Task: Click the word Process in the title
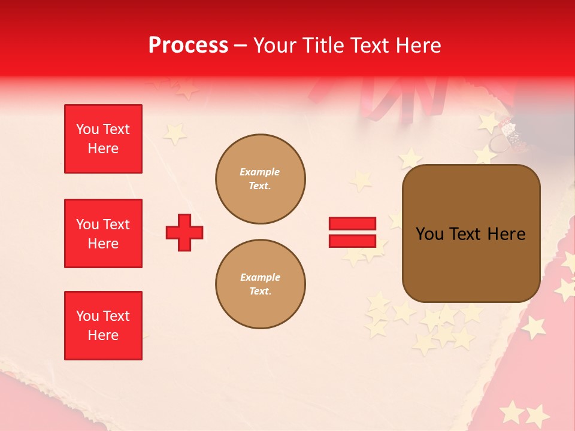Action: (x=188, y=45)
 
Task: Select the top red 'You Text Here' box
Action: (x=103, y=139)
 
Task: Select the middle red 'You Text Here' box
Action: (x=103, y=233)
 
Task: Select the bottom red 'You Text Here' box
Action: (x=103, y=326)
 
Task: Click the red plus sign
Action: (x=184, y=232)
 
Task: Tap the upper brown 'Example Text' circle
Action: (x=261, y=179)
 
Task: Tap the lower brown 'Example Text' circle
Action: (x=261, y=284)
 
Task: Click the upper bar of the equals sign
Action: (x=352, y=224)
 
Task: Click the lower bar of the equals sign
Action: (x=352, y=241)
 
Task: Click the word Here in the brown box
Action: (x=506, y=234)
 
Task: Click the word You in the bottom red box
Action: (x=87, y=316)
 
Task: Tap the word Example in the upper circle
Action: (x=260, y=172)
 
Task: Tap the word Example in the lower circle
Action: (x=260, y=277)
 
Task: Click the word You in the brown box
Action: (x=429, y=234)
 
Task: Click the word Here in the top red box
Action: (x=103, y=148)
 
